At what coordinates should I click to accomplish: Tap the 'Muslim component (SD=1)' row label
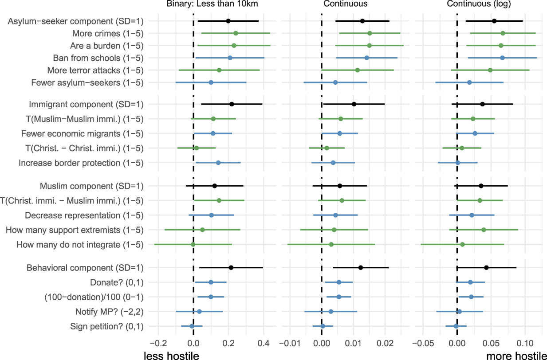click(92, 186)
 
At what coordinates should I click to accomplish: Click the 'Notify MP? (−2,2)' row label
click(107, 312)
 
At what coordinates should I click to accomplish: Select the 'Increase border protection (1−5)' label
click(81, 163)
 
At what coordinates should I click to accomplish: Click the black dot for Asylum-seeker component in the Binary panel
click(228, 21)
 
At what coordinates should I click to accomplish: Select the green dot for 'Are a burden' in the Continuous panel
click(369, 45)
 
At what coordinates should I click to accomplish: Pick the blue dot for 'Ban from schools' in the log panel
click(502, 58)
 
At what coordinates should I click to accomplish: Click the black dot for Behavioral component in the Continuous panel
click(361, 268)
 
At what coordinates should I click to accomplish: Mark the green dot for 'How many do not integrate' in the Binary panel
click(193, 244)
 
